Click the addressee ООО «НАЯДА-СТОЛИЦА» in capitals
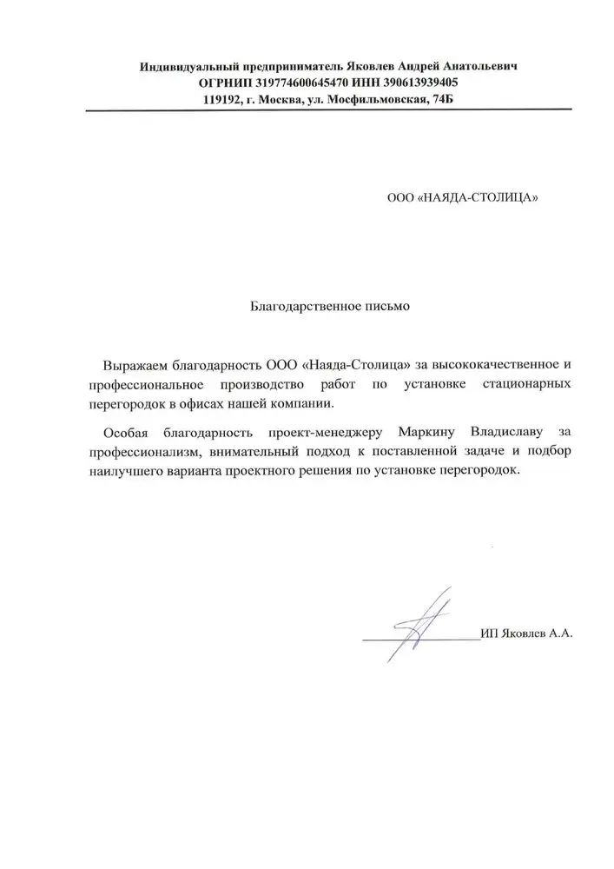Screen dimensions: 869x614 coord(462,197)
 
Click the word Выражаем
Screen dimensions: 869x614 coord(131,362)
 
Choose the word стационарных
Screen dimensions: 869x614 coord(528,383)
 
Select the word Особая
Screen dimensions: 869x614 coord(123,432)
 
